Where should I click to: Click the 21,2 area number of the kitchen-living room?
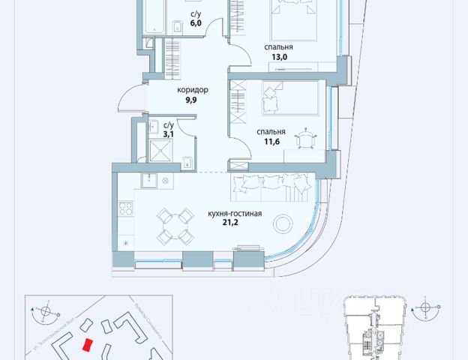point(235,224)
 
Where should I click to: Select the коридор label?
point(192,91)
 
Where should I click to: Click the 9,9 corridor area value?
point(192,102)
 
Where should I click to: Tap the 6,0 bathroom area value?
point(195,24)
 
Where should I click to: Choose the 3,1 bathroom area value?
point(169,135)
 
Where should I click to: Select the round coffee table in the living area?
point(283,223)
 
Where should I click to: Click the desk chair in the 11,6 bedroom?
point(306,139)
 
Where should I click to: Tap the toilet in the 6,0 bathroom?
point(175,28)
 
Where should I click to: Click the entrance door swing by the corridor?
point(130,97)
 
